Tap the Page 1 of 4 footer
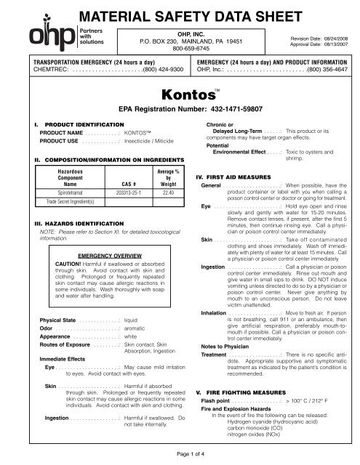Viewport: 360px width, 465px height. (179, 454)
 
